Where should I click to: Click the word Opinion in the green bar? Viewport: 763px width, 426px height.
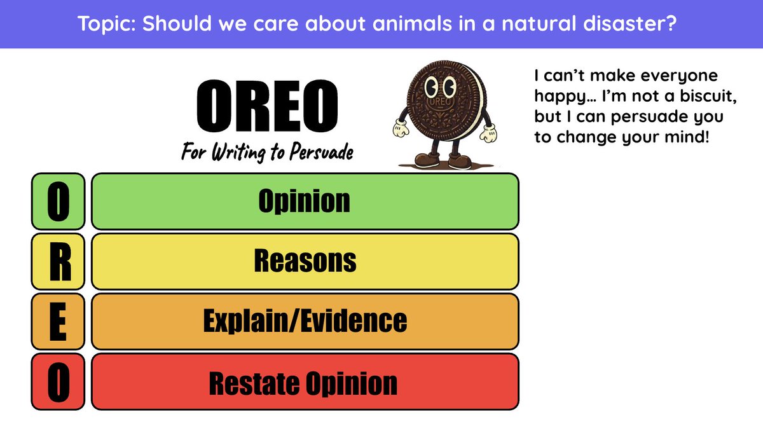tap(304, 201)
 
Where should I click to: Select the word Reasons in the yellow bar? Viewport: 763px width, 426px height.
tap(305, 261)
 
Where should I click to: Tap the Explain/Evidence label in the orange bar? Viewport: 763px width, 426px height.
tap(305, 320)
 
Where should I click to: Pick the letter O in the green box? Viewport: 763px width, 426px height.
tap(58, 201)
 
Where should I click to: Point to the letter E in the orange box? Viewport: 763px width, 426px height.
tap(58, 322)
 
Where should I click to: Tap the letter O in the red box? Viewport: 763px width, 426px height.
tap(58, 383)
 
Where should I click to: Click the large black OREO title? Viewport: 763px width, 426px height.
tap(267, 106)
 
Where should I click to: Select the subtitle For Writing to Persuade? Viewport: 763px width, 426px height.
tap(267, 153)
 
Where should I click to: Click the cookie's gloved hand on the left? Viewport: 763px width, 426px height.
tap(399, 128)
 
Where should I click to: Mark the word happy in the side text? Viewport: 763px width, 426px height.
tap(558, 97)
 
